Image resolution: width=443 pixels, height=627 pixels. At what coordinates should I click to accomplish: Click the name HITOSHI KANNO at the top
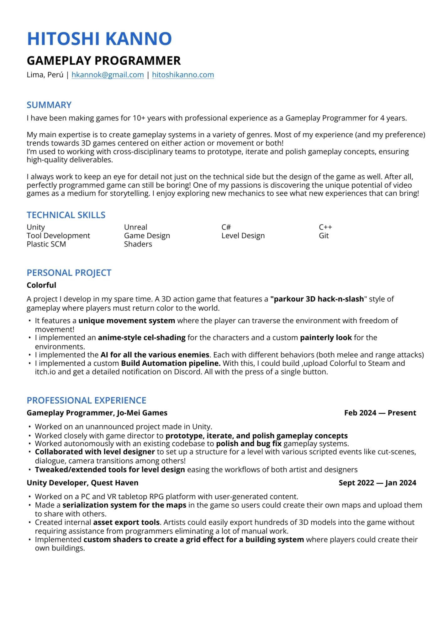(99, 39)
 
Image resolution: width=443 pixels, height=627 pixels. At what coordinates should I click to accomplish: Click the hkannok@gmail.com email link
(108, 75)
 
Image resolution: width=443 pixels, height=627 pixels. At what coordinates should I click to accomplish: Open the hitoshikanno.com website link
(183, 75)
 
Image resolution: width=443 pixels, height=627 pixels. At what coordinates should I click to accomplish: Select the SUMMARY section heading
(49, 105)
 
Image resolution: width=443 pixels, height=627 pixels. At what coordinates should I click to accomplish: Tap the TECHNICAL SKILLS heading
(66, 215)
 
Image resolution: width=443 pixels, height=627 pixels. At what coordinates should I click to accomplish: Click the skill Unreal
(135, 227)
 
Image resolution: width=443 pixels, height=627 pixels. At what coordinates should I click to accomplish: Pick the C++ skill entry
(325, 227)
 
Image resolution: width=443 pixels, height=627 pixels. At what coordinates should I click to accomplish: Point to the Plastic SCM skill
(46, 244)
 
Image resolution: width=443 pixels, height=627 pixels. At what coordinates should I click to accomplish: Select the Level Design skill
(243, 236)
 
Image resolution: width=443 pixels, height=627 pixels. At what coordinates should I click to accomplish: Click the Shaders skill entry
(138, 244)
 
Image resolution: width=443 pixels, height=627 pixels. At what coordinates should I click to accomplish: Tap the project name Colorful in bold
(41, 285)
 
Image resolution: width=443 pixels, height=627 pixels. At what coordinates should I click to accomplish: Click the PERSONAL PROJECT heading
(69, 273)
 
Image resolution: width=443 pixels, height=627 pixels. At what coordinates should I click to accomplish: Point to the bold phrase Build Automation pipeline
(171, 363)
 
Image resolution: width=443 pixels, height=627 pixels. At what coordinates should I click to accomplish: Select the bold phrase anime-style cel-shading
(142, 337)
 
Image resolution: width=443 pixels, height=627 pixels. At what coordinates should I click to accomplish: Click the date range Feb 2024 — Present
(380, 413)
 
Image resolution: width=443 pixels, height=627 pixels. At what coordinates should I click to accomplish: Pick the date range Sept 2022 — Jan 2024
(377, 483)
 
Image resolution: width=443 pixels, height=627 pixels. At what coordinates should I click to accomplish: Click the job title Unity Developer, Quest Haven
(82, 483)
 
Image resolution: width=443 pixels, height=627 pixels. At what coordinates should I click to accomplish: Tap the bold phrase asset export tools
(127, 522)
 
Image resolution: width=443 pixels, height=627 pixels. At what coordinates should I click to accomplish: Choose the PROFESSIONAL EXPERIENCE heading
(87, 400)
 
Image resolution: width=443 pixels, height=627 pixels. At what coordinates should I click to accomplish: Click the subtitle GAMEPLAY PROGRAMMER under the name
(104, 61)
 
